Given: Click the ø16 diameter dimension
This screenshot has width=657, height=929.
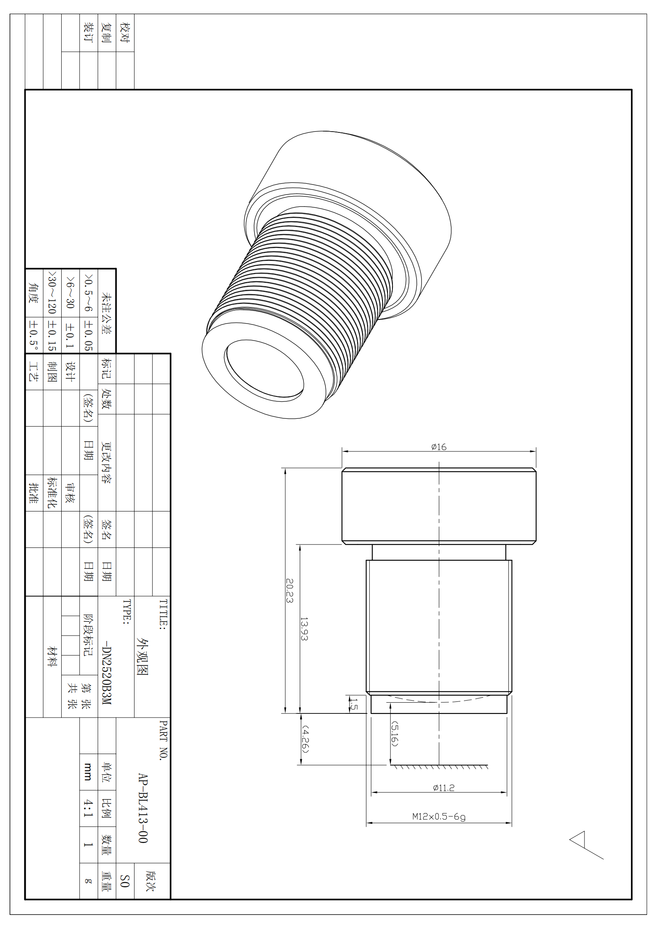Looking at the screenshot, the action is pyautogui.click(x=438, y=447).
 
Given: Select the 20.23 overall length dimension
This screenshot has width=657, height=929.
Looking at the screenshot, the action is pyautogui.click(x=290, y=591).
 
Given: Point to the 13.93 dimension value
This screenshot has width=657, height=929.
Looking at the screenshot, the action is pyautogui.click(x=304, y=629).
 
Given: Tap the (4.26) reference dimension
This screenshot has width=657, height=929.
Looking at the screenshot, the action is pyautogui.click(x=305, y=739).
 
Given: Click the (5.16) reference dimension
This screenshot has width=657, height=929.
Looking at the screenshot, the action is pyautogui.click(x=395, y=734).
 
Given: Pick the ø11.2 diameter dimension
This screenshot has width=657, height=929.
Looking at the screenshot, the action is pyautogui.click(x=443, y=788).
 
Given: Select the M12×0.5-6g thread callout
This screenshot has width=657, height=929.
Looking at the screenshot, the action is pyautogui.click(x=439, y=817).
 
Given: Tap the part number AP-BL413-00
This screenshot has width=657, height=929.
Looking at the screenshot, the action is pyautogui.click(x=143, y=808).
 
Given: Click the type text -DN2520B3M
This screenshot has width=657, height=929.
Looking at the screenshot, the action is pyautogui.click(x=107, y=673).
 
